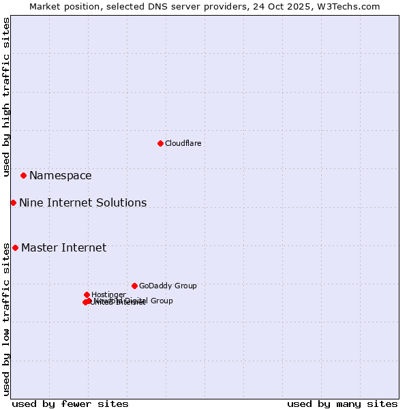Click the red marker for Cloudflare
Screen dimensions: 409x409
point(160,143)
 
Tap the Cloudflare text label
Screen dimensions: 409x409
point(183,143)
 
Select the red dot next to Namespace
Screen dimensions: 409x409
point(23,175)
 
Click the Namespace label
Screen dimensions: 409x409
point(60,176)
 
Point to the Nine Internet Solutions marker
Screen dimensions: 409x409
point(13,202)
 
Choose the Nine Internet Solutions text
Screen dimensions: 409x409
point(82,203)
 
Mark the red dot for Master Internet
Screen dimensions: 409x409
point(15,247)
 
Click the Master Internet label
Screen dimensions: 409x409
point(63,248)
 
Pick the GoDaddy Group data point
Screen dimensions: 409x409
point(134,286)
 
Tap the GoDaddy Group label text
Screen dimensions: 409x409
point(168,286)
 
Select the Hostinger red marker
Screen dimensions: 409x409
point(87,294)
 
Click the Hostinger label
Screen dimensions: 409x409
point(108,294)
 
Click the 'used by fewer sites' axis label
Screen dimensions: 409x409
point(70,404)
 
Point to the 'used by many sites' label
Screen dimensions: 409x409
point(342,404)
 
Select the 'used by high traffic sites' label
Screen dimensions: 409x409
point(6,97)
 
